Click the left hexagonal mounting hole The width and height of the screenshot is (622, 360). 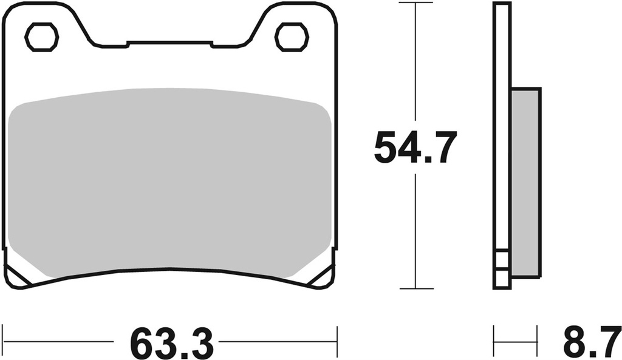41,36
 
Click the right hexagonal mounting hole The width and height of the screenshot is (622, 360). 292,36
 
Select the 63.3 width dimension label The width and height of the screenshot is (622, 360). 172,344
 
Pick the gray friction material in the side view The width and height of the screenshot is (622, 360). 525,182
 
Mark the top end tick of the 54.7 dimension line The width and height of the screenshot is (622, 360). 415,3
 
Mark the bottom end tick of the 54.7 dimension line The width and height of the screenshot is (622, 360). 415,288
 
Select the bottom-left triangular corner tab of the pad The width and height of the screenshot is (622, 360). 15,276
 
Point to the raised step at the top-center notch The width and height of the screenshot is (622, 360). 169,43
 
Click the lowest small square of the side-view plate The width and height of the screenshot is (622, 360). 502,280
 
